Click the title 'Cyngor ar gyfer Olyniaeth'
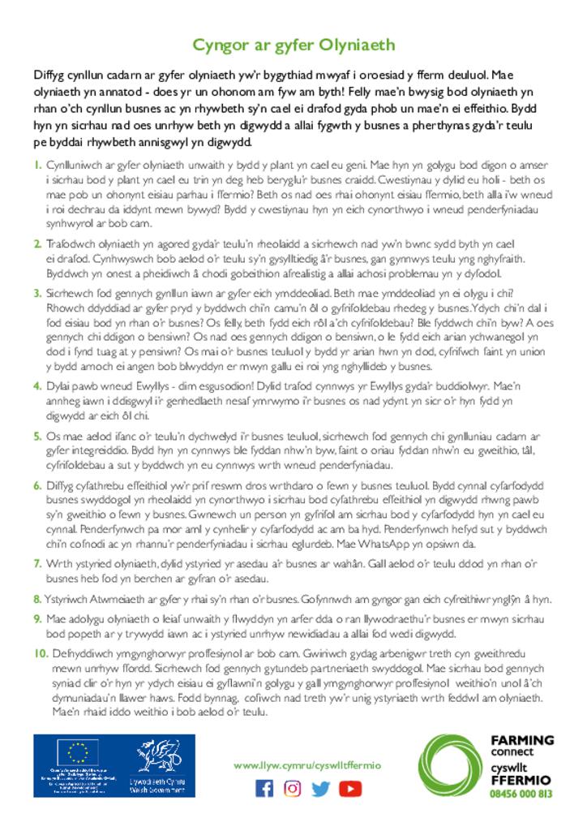coord(293,44)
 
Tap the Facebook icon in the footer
coord(264,788)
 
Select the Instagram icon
coord(293,788)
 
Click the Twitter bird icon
coord(321,788)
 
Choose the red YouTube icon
coord(350,788)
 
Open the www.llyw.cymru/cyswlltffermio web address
coord(306,765)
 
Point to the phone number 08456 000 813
coord(521,794)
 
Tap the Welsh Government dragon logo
coord(160,756)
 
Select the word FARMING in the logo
coord(523,740)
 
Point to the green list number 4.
coord(38,385)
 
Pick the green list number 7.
coord(38,563)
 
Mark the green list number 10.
coord(41,653)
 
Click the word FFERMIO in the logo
coord(521,779)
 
